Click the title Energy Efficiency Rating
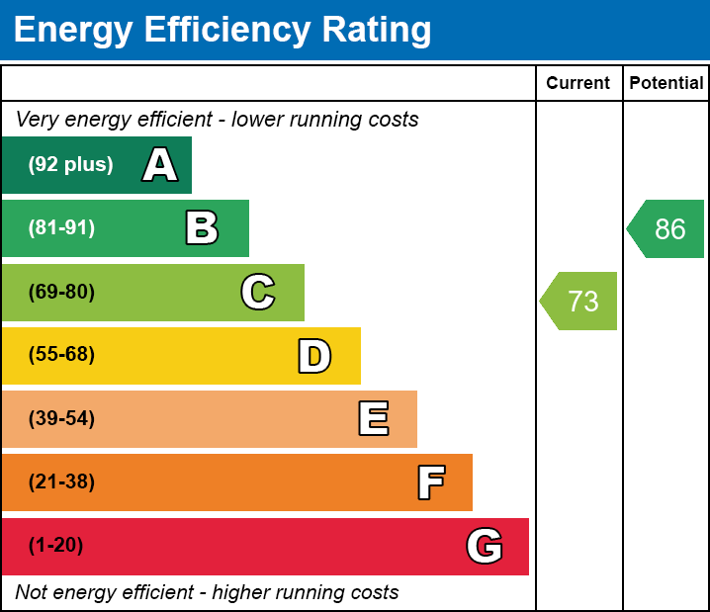pyautogui.click(x=222, y=31)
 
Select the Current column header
pyautogui.click(x=578, y=84)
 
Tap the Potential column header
pyautogui.click(x=666, y=84)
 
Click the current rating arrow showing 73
pyautogui.click(x=580, y=301)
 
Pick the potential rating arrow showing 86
pyautogui.click(x=667, y=229)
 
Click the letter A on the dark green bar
pyautogui.click(x=160, y=165)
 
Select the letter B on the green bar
pyautogui.click(x=202, y=228)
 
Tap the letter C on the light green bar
pyautogui.click(x=258, y=292)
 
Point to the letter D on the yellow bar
pyautogui.click(x=314, y=356)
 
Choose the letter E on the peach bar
pyautogui.click(x=373, y=419)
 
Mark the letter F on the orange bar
pyautogui.click(x=430, y=482)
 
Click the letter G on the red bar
pyautogui.click(x=485, y=546)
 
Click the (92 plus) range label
pyautogui.click(x=70, y=165)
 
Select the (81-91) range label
pyautogui.click(x=61, y=228)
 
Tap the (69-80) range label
pyautogui.click(x=61, y=292)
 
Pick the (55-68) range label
pyautogui.click(x=61, y=355)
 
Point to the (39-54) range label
pyautogui.click(x=61, y=419)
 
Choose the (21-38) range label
pyautogui.click(x=61, y=482)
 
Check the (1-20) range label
pyautogui.click(x=56, y=546)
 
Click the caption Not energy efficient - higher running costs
pyautogui.click(x=207, y=593)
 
